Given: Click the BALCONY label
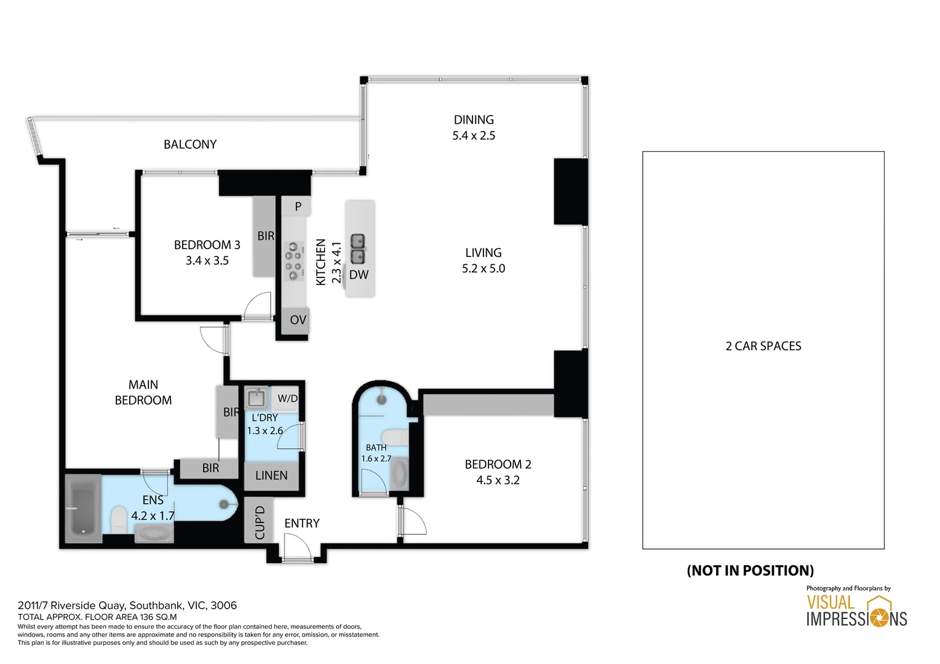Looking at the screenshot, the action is pyautogui.click(x=190, y=144).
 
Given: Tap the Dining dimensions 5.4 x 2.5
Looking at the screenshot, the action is pyautogui.click(x=474, y=136).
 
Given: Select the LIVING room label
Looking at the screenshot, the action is pyautogui.click(x=484, y=253).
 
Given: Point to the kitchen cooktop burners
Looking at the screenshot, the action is pyautogui.click(x=294, y=261).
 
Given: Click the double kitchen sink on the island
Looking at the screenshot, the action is pyautogui.click(x=357, y=249).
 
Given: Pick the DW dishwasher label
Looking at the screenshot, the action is pyautogui.click(x=359, y=275).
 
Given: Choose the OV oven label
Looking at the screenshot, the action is pyautogui.click(x=298, y=320).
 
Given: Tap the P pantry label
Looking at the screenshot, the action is pyautogui.click(x=298, y=207).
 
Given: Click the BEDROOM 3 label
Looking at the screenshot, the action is pyautogui.click(x=207, y=245).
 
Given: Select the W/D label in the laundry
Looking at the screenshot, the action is pyautogui.click(x=287, y=398).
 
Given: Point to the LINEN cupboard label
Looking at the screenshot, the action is pyautogui.click(x=271, y=476).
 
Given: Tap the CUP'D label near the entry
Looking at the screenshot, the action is pyautogui.click(x=260, y=523).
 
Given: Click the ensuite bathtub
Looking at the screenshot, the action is pyautogui.click(x=83, y=509).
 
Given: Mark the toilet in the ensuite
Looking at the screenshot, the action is pyautogui.click(x=119, y=520).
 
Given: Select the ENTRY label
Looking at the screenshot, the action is pyautogui.click(x=302, y=523).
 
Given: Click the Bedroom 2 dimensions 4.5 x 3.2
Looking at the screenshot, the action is pyautogui.click(x=498, y=480).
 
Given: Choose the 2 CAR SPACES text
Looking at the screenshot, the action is pyautogui.click(x=763, y=346).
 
